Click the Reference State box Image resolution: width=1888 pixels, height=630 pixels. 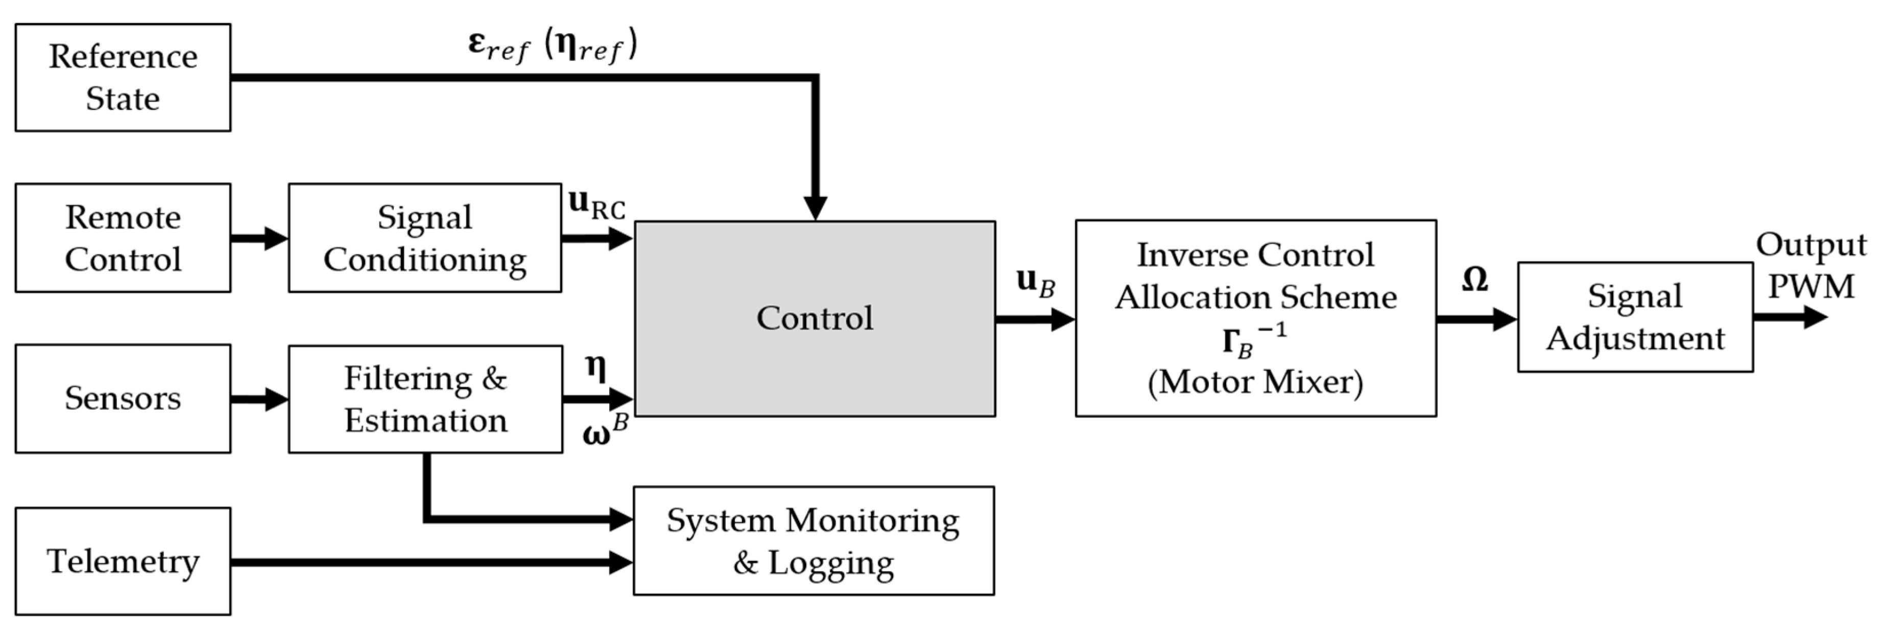[x=123, y=77]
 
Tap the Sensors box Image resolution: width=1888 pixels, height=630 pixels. [x=123, y=398]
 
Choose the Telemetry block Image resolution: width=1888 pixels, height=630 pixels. [x=123, y=561]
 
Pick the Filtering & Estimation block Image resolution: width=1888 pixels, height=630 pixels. [x=425, y=399]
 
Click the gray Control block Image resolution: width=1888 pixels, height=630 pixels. [x=814, y=318]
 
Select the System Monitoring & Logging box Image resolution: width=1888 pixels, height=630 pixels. [x=814, y=541]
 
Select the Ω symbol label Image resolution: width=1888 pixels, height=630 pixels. [x=1474, y=279]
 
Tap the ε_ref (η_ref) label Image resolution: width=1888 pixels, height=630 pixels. [x=553, y=45]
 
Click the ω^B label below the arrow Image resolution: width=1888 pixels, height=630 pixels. [x=605, y=431]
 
